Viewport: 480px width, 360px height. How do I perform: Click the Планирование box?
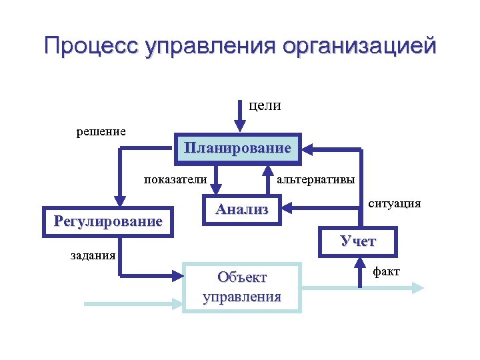[238, 148]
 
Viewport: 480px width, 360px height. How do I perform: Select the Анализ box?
[242, 209]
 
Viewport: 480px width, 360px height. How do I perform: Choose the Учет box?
[358, 241]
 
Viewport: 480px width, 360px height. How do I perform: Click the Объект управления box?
[242, 287]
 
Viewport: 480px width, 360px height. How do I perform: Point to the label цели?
[265, 105]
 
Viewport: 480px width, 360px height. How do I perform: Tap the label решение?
[101, 131]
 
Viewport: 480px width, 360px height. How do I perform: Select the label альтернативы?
[315, 179]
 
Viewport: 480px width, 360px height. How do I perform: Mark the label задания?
[93, 254]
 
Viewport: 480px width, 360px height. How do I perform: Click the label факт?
[387, 271]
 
